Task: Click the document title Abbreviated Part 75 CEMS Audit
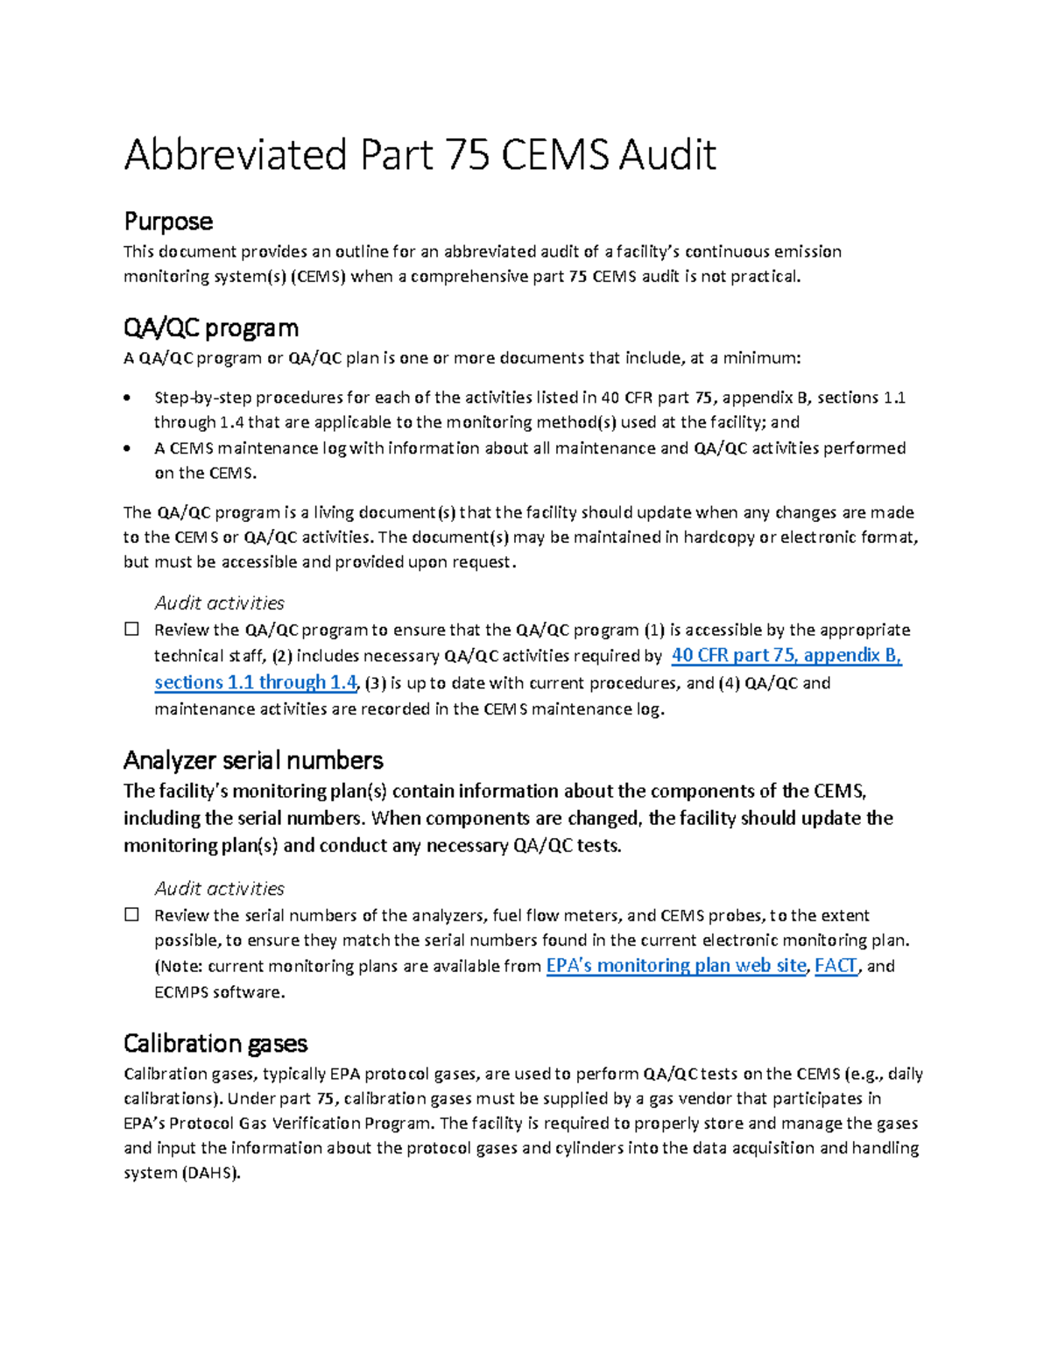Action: [x=420, y=155]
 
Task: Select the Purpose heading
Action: [x=168, y=221]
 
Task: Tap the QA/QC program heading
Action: [x=211, y=328]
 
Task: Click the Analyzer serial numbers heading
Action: [x=253, y=759]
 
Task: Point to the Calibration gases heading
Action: [x=215, y=1043]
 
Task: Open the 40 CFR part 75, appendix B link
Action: [x=786, y=655]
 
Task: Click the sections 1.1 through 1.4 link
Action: [x=256, y=682]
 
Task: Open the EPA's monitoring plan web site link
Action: [x=675, y=965]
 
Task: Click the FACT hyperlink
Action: [x=836, y=965]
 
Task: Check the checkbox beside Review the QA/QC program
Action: [x=132, y=629]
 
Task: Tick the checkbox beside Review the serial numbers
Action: [x=132, y=914]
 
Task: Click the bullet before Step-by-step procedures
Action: [x=129, y=398]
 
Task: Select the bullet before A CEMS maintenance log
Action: [x=129, y=448]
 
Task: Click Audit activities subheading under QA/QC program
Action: [x=219, y=602]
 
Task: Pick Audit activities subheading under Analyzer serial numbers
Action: [x=219, y=888]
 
